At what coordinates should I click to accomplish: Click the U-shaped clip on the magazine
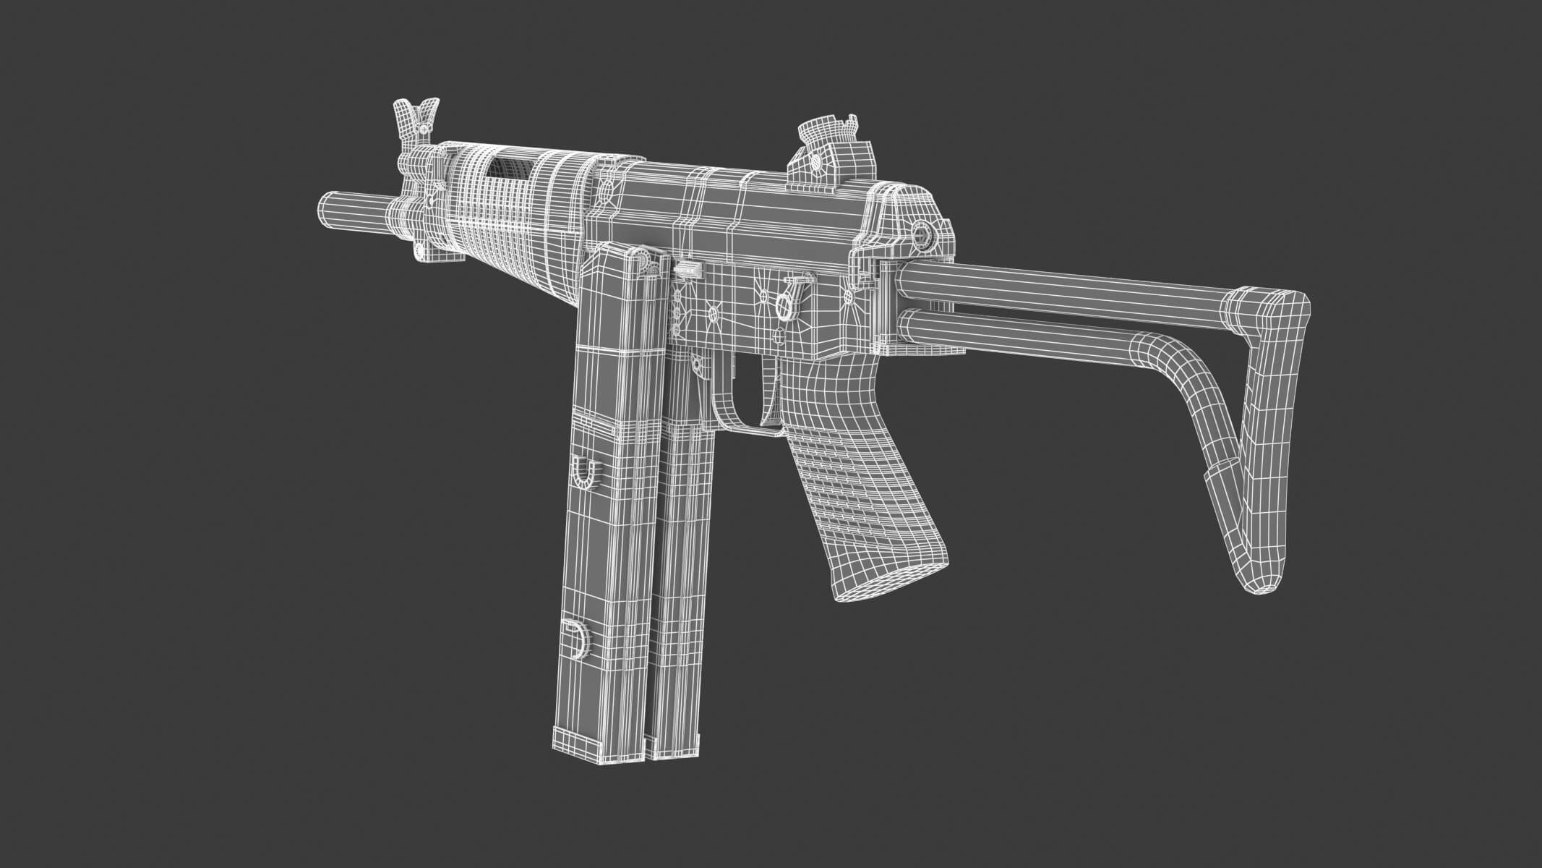coord(586,472)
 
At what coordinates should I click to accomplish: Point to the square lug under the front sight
coord(419,250)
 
